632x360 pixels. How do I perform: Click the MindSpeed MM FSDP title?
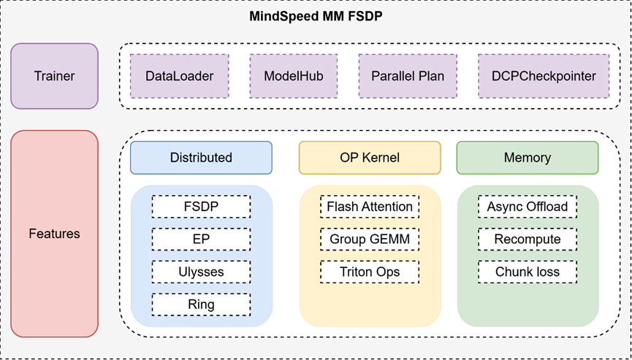coord(316,15)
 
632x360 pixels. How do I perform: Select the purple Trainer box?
coord(54,76)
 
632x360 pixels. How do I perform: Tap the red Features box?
coord(54,234)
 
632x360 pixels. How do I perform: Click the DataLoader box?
coord(179,76)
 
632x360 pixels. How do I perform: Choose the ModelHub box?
coord(293,76)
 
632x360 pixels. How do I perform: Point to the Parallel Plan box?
coord(407,76)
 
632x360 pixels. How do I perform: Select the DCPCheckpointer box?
coord(544,76)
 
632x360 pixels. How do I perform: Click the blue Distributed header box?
coord(201,158)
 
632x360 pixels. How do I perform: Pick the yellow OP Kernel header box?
coord(370,158)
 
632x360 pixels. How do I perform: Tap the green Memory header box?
coord(528,158)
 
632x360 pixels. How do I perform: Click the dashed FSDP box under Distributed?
coord(201,207)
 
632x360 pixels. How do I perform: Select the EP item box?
coord(201,240)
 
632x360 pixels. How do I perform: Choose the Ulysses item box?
coord(201,272)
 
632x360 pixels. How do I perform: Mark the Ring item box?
coord(201,304)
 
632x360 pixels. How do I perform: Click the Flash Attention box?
coord(370,207)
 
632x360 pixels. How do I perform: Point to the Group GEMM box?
coord(370,240)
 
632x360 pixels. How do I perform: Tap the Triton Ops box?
coord(370,272)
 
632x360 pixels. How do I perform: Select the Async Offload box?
coord(528,207)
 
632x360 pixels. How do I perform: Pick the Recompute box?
coord(528,240)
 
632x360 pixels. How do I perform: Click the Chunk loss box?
coord(528,272)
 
